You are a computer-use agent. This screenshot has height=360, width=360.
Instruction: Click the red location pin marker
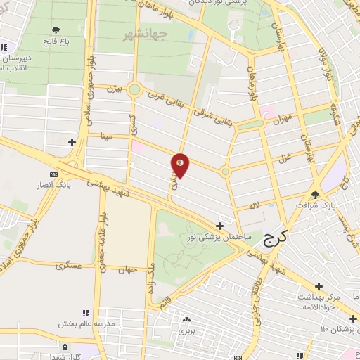pos(181,164)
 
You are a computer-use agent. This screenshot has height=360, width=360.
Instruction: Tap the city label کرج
pos(278,240)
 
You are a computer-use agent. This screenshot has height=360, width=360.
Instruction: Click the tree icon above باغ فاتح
pos(56,30)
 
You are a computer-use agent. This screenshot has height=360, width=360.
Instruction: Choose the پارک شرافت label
pos(316,207)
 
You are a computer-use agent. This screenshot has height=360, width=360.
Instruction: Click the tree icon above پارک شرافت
pos(316,195)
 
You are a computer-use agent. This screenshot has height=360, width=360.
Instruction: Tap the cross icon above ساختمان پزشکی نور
pos(221,226)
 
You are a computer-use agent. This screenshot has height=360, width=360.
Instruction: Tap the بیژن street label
pos(114,89)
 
